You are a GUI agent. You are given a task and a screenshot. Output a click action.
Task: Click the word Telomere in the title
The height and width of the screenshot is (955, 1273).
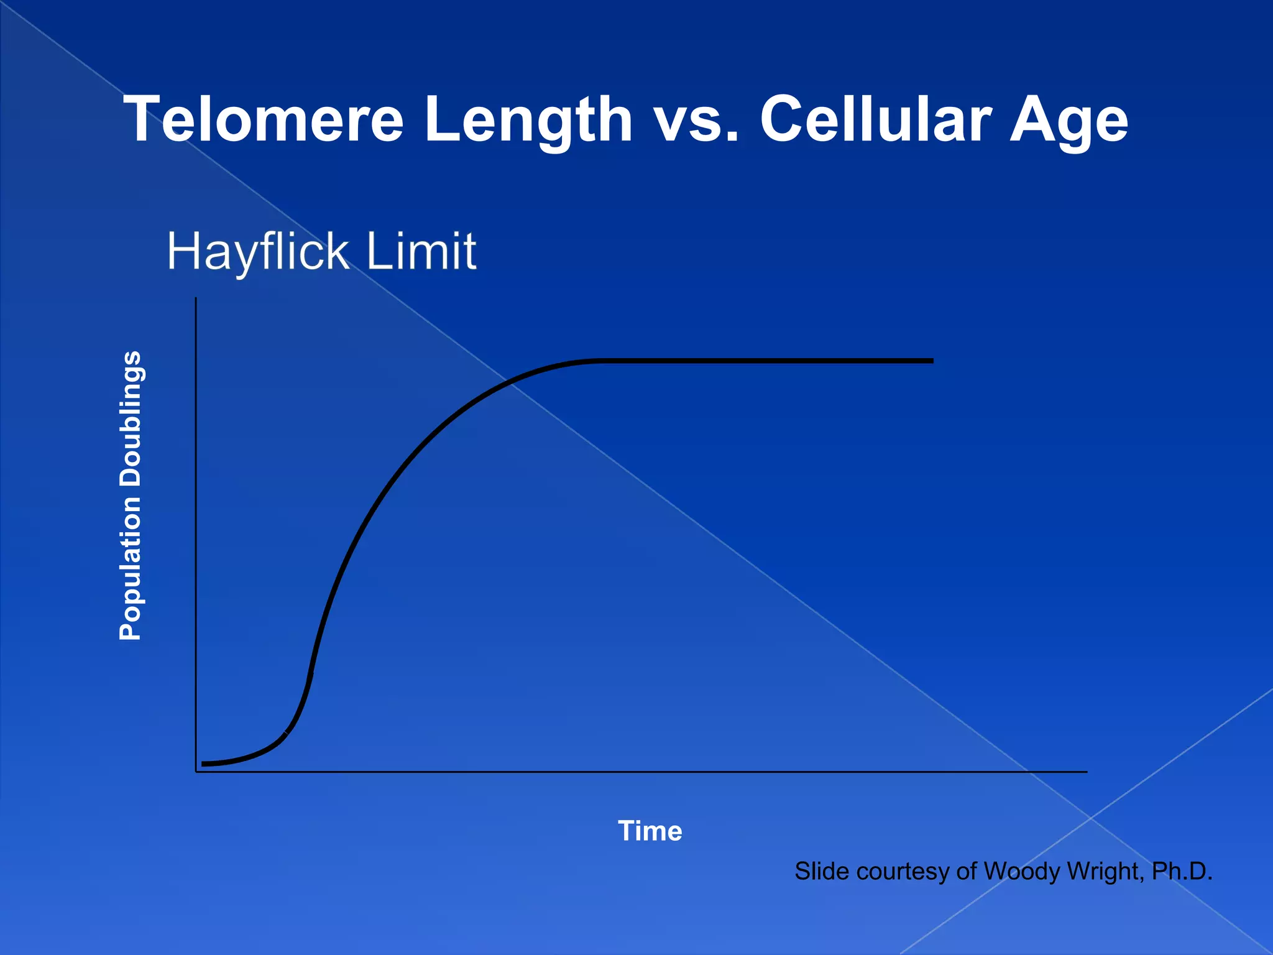[x=264, y=119]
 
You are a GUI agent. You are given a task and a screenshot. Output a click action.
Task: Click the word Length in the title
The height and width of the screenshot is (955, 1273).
[x=528, y=119]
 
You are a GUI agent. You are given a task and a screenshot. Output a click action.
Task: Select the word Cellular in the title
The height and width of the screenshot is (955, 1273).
[x=876, y=119]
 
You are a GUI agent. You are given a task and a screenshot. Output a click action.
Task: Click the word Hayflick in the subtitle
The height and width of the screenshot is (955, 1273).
[x=258, y=251]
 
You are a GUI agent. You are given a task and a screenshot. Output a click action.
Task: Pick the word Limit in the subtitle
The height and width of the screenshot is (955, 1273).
[x=421, y=251]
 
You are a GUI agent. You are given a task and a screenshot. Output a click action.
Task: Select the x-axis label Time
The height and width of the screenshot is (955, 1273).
[x=650, y=831]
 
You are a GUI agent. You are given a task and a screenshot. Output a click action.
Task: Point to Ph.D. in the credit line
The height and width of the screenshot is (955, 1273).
[x=1182, y=871]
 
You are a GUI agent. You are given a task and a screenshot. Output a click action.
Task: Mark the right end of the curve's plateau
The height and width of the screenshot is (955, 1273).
[x=932, y=361]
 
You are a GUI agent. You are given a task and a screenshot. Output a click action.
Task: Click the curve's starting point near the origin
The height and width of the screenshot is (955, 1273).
[x=203, y=764]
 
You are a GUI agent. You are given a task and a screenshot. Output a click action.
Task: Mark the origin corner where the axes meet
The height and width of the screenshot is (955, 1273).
[x=196, y=772]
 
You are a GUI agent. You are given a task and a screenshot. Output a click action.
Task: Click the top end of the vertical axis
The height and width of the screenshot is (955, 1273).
[x=196, y=298]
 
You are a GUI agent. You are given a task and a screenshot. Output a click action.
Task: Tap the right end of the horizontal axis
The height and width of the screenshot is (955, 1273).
[x=1087, y=772]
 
